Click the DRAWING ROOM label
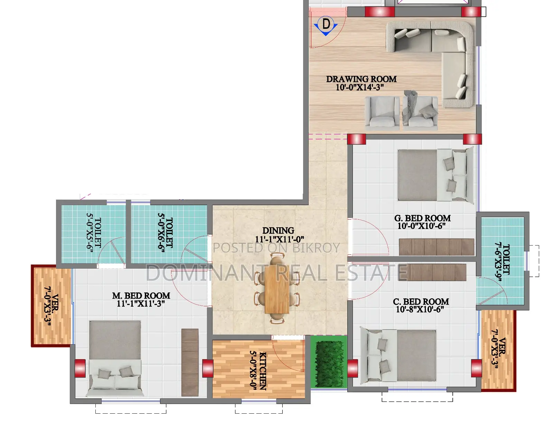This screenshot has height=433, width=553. [x=362, y=79]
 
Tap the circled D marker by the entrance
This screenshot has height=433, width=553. [x=326, y=25]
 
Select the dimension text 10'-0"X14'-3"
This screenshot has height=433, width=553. [x=360, y=87]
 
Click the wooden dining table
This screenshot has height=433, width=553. [x=277, y=289]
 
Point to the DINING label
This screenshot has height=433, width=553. [x=278, y=231]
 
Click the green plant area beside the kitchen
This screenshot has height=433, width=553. [x=329, y=362]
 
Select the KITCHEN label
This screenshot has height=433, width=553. [x=263, y=371]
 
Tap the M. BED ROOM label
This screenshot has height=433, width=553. [x=141, y=296]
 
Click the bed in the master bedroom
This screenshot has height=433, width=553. [x=115, y=358]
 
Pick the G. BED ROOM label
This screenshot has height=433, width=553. [x=422, y=218]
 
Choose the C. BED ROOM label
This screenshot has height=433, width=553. [x=421, y=301]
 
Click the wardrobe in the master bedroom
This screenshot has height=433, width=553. [x=190, y=362]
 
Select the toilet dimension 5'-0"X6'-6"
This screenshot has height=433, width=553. [x=162, y=233]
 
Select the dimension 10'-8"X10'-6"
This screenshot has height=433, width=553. [x=420, y=309]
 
